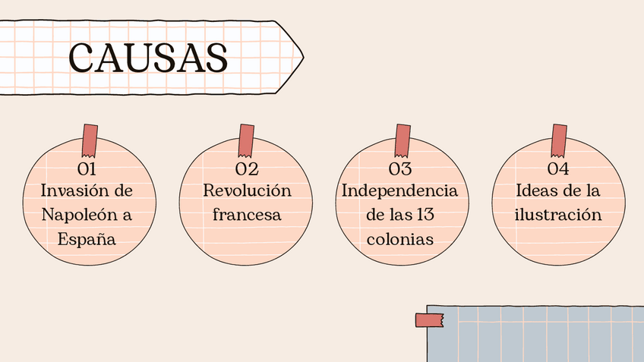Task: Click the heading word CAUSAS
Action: pos(149,58)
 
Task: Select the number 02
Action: pos(247,168)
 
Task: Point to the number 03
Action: pos(399,168)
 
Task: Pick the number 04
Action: pos(558,168)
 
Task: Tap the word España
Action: pos(87,240)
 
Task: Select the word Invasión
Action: pos(71,190)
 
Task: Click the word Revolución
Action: pos(247,190)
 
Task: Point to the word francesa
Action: pos(247,215)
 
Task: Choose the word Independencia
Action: pos(399,190)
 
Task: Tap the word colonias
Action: pos(399,240)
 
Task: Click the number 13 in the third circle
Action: pos(425,215)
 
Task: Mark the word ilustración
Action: pos(558,215)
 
